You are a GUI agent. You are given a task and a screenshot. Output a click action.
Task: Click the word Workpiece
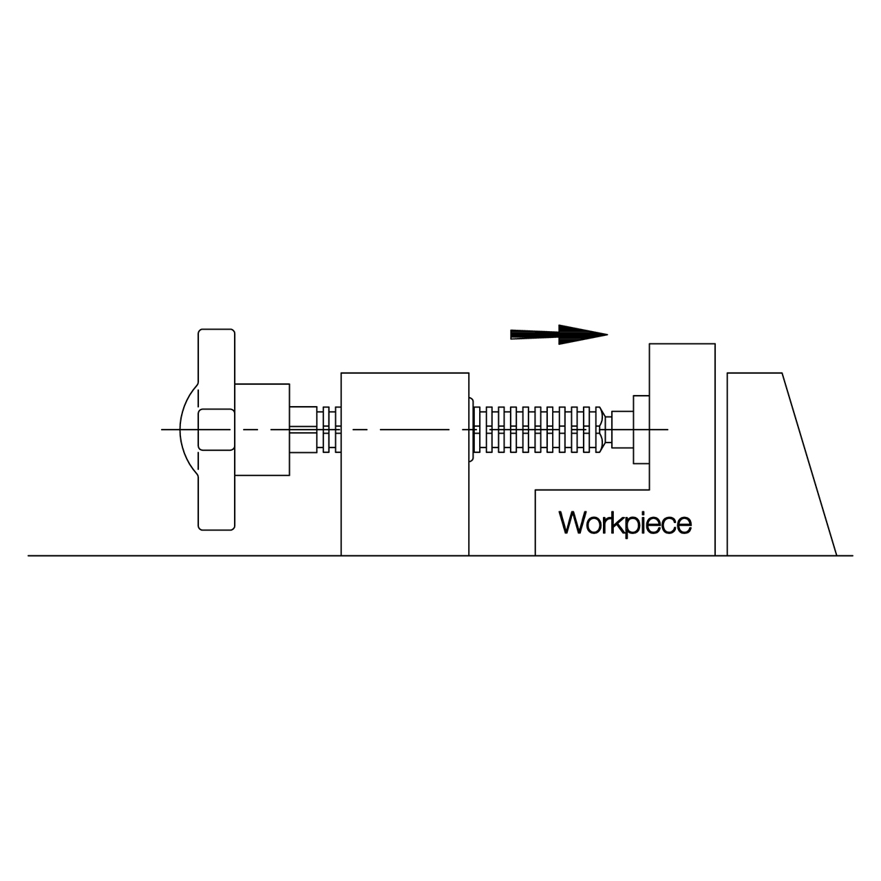click(625, 523)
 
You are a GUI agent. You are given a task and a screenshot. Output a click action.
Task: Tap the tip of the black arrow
click(607, 335)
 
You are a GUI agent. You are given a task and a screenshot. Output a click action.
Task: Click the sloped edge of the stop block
click(809, 465)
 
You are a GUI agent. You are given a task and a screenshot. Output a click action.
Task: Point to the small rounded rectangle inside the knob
click(215, 429)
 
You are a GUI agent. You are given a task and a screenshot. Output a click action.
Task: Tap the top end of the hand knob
click(216, 332)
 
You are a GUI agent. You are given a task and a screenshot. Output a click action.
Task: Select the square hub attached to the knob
click(262, 429)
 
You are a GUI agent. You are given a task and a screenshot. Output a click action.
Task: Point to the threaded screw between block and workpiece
click(537, 429)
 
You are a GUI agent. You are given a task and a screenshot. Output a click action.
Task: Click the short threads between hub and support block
click(328, 429)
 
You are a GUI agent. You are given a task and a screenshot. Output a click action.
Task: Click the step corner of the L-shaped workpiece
click(650, 489)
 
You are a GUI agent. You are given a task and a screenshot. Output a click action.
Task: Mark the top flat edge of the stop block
click(754, 373)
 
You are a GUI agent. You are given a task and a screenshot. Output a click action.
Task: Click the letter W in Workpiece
click(571, 523)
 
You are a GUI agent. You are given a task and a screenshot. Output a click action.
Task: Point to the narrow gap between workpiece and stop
click(721, 482)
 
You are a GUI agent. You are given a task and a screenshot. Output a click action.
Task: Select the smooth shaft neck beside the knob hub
click(303, 429)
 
